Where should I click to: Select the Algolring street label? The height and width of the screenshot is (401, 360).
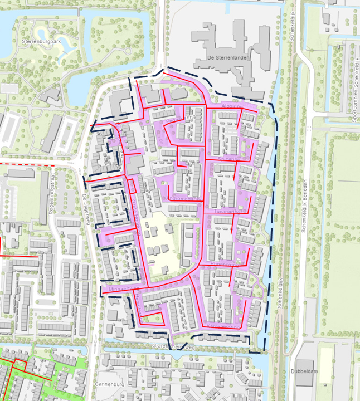[x=232, y=105]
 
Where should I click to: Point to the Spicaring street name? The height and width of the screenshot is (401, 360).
[x=229, y=159]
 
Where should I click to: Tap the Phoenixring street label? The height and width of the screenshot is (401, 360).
[x=225, y=265]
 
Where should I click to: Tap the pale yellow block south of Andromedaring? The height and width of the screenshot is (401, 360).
[x=162, y=245]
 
